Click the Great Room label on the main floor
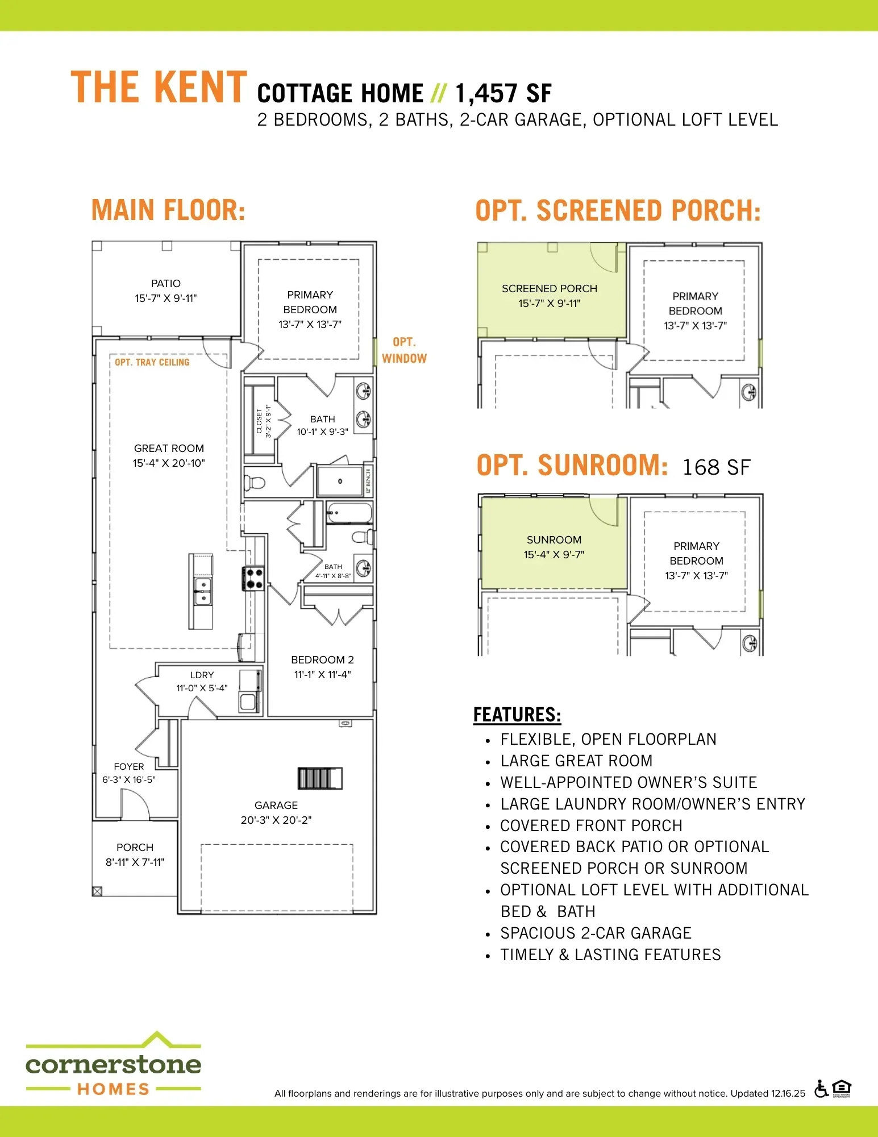click(169, 449)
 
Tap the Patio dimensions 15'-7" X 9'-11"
click(166, 298)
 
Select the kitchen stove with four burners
click(254, 578)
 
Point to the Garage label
click(276, 806)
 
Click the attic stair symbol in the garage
click(321, 778)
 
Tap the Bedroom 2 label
click(322, 660)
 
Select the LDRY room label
click(202, 675)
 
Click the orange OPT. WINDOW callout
click(404, 350)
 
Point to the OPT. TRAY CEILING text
click(152, 363)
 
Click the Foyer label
click(129, 767)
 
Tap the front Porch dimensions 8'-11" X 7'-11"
click(135, 862)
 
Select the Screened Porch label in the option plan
click(550, 289)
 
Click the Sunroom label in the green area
click(554, 540)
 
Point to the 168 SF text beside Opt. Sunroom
click(716, 467)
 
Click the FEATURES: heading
click(517, 715)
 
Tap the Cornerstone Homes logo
click(114, 1064)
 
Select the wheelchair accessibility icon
click(821, 1089)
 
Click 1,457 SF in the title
click(503, 94)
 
